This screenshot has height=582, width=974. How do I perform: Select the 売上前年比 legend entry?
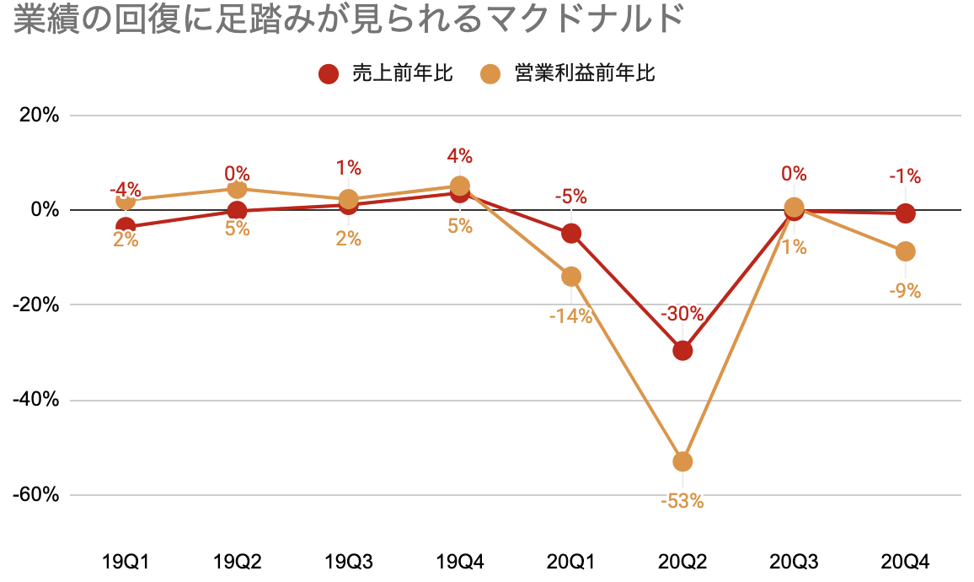click(387, 73)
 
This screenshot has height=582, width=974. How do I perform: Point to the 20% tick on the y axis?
click(39, 115)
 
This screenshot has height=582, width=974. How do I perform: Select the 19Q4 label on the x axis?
click(459, 561)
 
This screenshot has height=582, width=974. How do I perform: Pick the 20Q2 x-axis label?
click(682, 561)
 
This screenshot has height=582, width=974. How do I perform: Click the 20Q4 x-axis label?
click(905, 561)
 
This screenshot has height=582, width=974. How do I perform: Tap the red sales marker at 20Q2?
click(682, 350)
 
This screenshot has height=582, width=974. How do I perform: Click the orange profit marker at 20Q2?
click(682, 461)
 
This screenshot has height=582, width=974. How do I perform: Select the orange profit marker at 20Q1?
click(571, 277)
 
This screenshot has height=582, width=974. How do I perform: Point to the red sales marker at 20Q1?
click(571, 234)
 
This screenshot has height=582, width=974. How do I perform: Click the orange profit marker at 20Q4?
click(906, 251)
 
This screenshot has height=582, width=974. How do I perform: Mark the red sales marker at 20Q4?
click(906, 213)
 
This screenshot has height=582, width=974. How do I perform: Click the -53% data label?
click(682, 501)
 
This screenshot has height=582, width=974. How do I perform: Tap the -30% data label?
click(682, 314)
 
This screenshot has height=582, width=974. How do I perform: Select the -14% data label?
click(571, 316)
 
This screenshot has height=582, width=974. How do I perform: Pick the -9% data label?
click(906, 291)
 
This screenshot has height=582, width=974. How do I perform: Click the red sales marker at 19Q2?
click(237, 211)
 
